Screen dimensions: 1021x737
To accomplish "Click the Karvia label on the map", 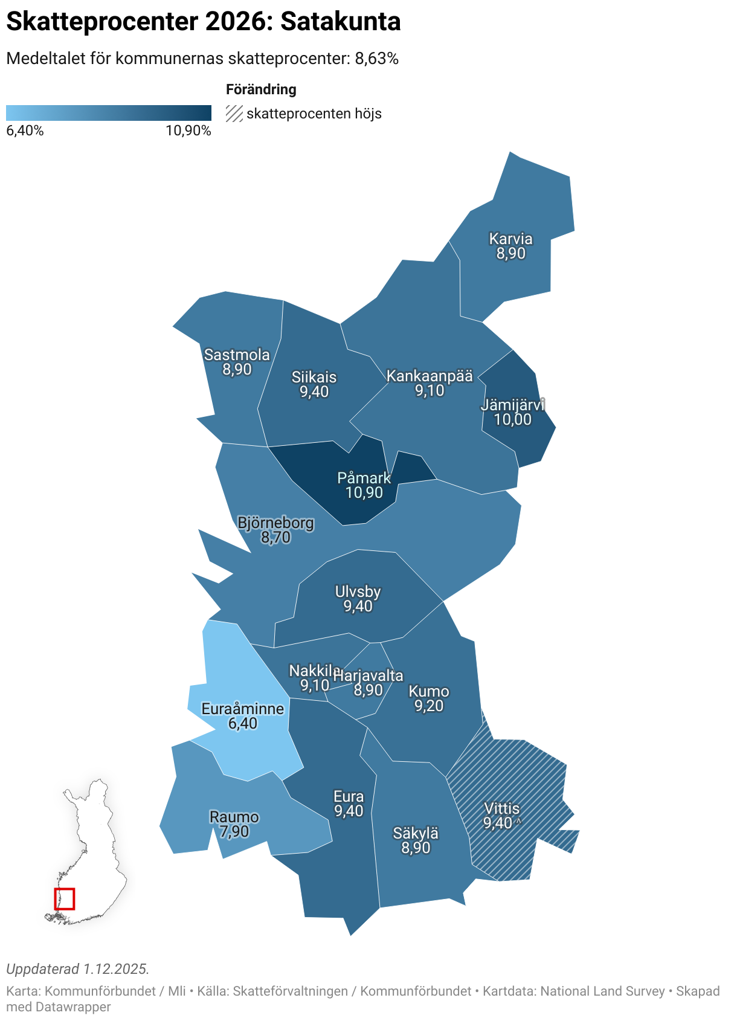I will click(x=510, y=239).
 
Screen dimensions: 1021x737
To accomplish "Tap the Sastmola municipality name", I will click(x=237, y=355).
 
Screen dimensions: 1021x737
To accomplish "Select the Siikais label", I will click(x=314, y=377).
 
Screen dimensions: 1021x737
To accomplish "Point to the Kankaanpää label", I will click(x=430, y=376).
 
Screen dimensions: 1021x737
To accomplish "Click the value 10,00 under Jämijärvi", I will click(x=513, y=419).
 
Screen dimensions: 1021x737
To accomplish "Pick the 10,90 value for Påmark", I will click(x=364, y=492).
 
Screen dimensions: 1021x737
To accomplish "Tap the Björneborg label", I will click(x=276, y=523).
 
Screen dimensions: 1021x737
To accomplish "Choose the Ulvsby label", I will click(x=358, y=591).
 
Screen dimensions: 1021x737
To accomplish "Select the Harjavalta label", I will click(x=368, y=675).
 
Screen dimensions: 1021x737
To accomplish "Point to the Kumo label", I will click(x=429, y=691).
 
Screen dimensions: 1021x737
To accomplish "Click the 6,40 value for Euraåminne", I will click(x=243, y=723).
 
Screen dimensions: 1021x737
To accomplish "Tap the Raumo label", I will click(x=234, y=817).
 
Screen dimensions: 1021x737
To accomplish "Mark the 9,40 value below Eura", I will click(x=349, y=811).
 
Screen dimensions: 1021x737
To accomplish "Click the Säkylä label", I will click(x=416, y=833).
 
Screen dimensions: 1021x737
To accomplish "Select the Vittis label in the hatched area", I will click(x=501, y=808).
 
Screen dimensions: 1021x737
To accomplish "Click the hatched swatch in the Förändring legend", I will click(x=234, y=114).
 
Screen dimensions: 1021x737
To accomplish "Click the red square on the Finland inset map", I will click(x=65, y=898).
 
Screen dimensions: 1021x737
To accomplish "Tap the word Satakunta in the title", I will click(x=341, y=22).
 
